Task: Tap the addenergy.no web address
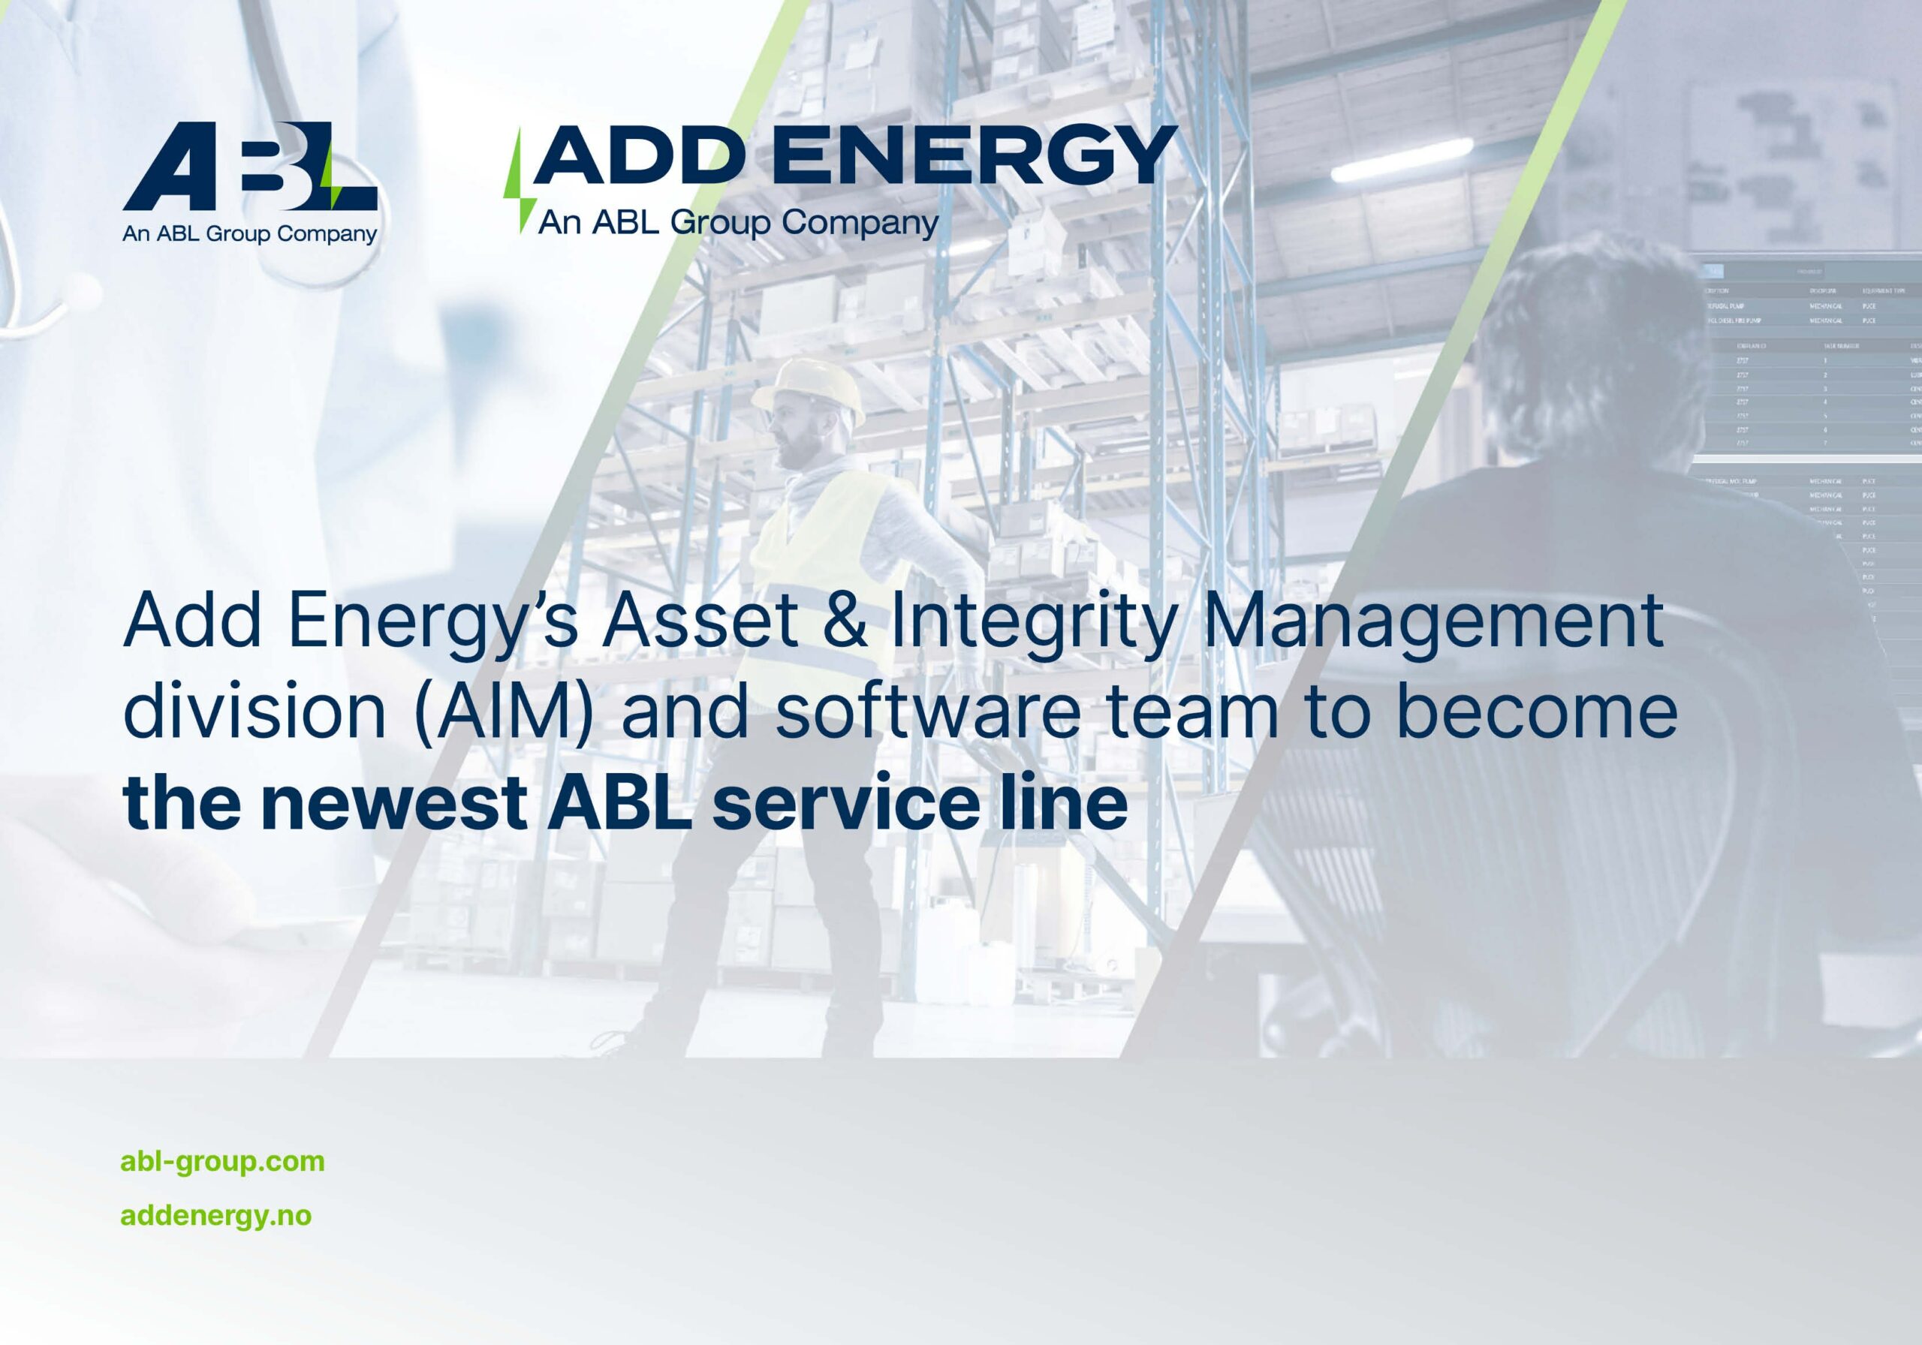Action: (216, 1215)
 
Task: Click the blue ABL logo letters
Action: (249, 167)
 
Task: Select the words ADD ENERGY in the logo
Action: (854, 155)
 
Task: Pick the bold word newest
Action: (393, 802)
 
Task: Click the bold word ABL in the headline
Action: (619, 802)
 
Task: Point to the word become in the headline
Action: (1537, 712)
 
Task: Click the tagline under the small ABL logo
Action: (249, 233)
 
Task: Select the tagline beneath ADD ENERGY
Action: (737, 224)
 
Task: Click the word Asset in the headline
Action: (700, 621)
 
